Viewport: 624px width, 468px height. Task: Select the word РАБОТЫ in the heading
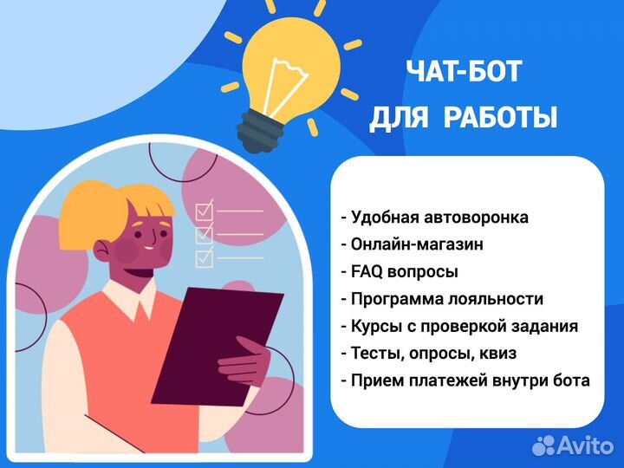point(500,117)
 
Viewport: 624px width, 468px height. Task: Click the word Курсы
point(375,327)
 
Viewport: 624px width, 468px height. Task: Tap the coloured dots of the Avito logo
point(543,445)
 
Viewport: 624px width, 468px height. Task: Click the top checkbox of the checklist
point(205,211)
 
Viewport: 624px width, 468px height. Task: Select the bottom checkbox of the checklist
point(205,257)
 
